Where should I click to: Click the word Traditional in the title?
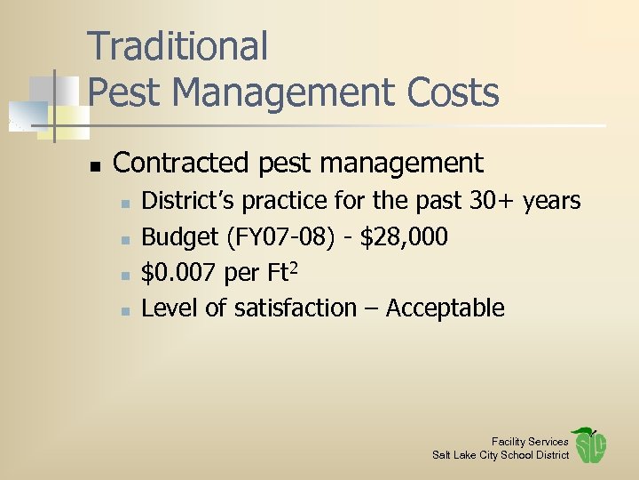(x=177, y=46)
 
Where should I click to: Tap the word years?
(x=551, y=203)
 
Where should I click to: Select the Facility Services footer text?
(x=530, y=442)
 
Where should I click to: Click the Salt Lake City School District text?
(x=501, y=455)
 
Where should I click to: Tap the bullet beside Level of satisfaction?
(x=125, y=311)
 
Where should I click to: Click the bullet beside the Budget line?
(x=125, y=240)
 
